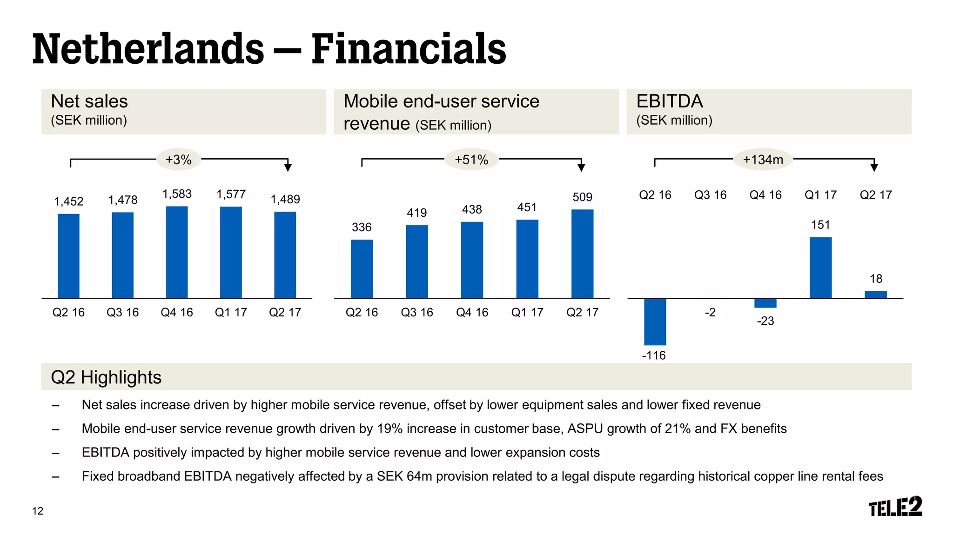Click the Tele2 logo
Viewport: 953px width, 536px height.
(895, 507)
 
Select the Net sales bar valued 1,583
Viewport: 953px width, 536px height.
(177, 252)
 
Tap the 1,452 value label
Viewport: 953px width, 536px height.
(68, 201)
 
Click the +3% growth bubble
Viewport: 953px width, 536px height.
(179, 160)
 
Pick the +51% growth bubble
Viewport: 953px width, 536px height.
(471, 160)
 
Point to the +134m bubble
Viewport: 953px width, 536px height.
(763, 160)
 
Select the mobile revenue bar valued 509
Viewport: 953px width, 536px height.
(582, 254)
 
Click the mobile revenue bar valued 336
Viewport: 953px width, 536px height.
(362, 268)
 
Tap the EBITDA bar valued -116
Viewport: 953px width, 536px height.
(655, 322)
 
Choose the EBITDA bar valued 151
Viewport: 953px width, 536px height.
(820, 268)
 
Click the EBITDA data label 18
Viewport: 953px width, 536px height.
(876, 279)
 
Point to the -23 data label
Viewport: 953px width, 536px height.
(765, 321)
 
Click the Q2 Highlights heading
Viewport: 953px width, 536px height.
(106, 377)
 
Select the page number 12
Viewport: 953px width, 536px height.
(38, 511)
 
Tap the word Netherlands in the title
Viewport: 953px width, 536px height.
(148, 49)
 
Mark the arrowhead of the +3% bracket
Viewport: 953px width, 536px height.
(288, 167)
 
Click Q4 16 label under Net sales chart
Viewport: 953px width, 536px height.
(177, 312)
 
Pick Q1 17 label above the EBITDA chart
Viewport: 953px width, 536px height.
(820, 195)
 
